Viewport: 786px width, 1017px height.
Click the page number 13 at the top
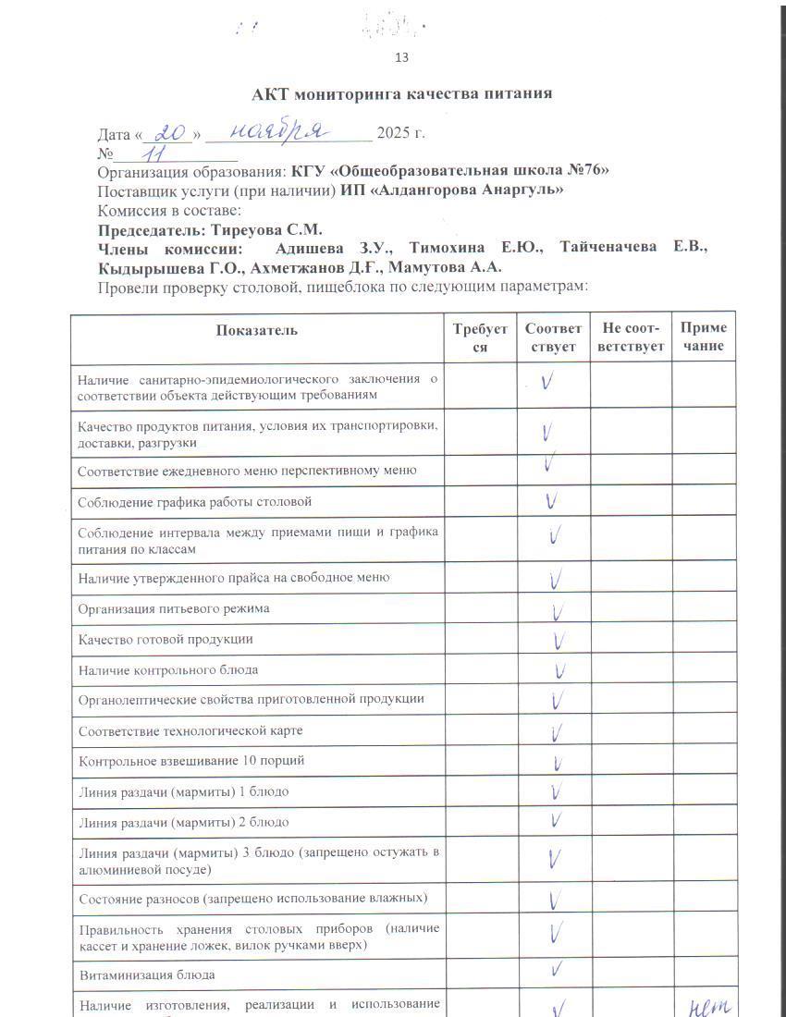pos(401,57)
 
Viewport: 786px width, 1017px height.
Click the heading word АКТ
pos(272,93)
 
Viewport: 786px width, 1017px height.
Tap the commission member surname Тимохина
pos(446,248)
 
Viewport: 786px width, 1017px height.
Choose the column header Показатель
pos(257,330)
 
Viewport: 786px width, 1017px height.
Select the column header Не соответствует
pos(631,337)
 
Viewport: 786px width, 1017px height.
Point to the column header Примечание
pos(703,337)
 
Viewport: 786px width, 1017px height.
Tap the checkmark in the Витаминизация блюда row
pos(557,969)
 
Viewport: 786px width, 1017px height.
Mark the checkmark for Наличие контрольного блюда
pos(559,668)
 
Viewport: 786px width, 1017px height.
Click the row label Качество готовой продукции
pos(166,640)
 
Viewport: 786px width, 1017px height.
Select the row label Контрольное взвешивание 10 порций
pos(191,762)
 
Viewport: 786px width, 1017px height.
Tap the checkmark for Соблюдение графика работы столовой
pos(551,502)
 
